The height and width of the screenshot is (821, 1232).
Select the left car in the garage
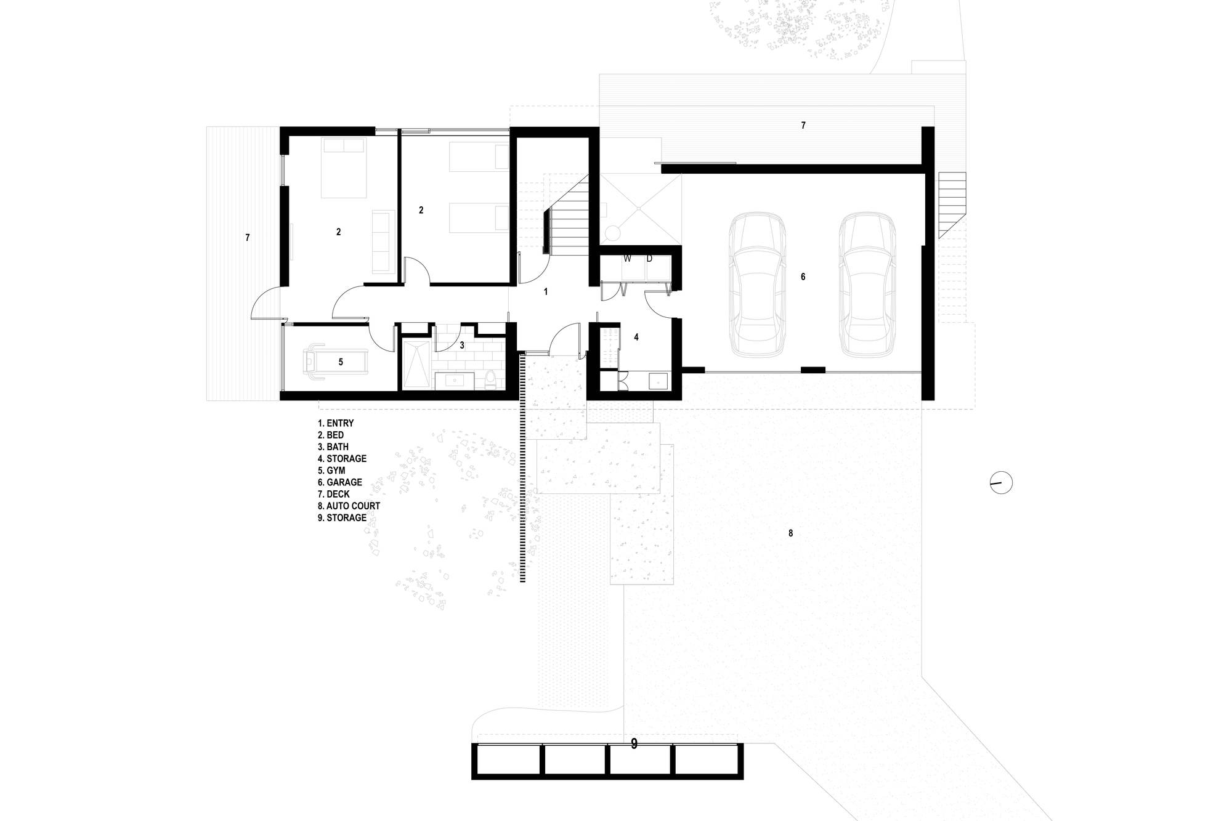pyautogui.click(x=757, y=285)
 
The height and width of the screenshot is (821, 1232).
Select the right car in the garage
pyautogui.click(x=867, y=285)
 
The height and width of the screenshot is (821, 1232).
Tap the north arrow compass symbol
pyautogui.click(x=1001, y=482)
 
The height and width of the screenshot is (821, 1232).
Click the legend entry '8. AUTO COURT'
pyautogui.click(x=349, y=506)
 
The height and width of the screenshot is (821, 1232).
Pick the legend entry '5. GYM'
pyautogui.click(x=331, y=471)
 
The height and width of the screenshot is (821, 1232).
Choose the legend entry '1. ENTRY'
pyautogui.click(x=336, y=423)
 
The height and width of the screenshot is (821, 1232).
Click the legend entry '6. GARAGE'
pyautogui.click(x=340, y=482)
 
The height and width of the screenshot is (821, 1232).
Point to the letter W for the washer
pyautogui.click(x=627, y=259)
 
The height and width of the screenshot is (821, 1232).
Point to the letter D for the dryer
pyautogui.click(x=649, y=259)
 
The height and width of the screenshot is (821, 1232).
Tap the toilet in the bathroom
pyautogui.click(x=490, y=379)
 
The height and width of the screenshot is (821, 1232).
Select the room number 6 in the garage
pyautogui.click(x=803, y=277)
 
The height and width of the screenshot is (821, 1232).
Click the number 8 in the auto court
pyautogui.click(x=791, y=533)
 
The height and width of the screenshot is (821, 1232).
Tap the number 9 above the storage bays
pyautogui.click(x=634, y=744)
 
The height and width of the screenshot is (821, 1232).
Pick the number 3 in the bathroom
pyautogui.click(x=462, y=346)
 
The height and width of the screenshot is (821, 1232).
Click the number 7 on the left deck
pyautogui.click(x=248, y=237)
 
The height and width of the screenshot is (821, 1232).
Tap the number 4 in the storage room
pyautogui.click(x=636, y=337)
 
